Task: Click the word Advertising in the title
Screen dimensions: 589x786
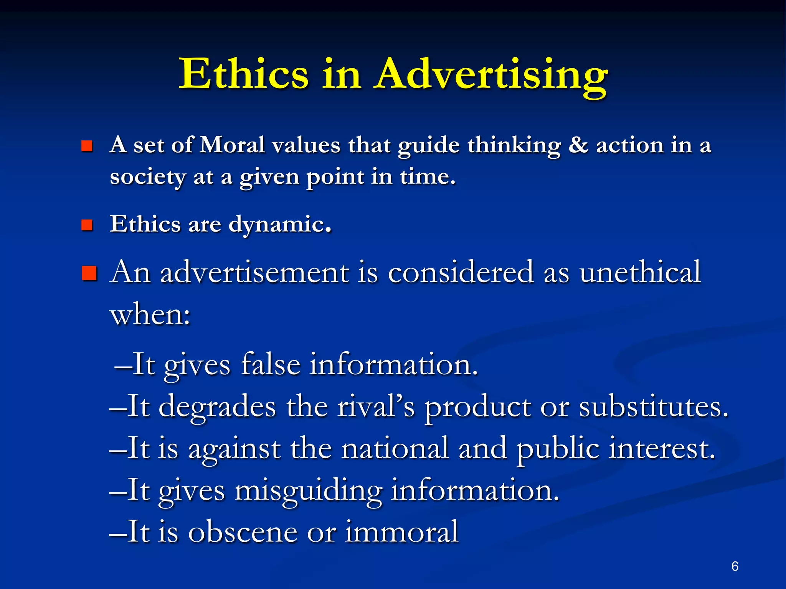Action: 491,74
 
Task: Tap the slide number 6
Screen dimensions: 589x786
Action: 735,566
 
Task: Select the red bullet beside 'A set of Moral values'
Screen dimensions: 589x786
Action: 87,146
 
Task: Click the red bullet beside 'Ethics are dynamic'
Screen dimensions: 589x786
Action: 87,225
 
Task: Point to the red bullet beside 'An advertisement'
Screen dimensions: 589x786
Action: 89,273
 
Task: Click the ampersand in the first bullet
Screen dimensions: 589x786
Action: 578,145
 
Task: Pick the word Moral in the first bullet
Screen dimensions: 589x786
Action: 233,145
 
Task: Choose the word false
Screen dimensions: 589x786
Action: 271,364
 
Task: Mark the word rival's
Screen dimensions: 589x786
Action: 376,406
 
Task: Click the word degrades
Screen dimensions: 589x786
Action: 217,406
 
